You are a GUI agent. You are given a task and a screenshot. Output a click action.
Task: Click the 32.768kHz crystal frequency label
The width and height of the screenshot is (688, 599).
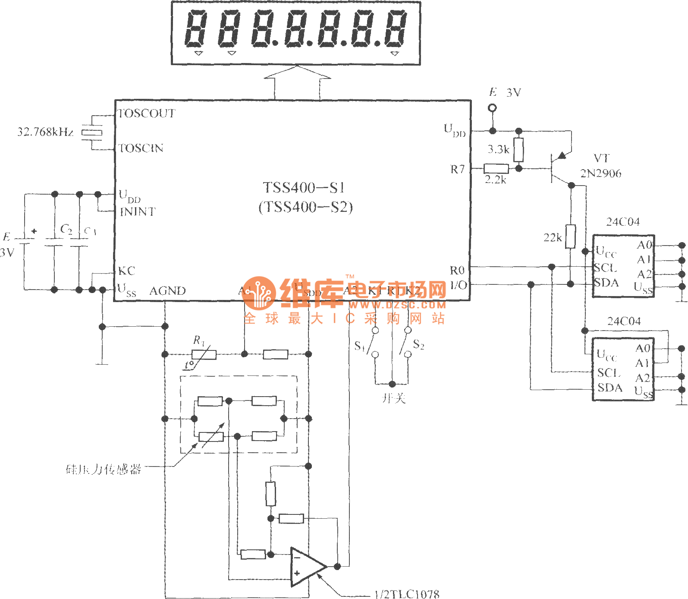[x=45, y=132]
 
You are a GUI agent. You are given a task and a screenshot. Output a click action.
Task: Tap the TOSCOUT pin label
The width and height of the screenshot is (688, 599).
[x=147, y=113]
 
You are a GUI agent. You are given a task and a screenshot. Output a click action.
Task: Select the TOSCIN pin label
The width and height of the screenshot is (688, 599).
[x=141, y=148]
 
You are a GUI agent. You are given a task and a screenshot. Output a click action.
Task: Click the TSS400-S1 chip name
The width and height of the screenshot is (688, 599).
[x=304, y=188]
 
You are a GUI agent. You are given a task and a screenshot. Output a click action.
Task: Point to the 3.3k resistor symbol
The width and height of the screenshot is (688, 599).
[x=518, y=149]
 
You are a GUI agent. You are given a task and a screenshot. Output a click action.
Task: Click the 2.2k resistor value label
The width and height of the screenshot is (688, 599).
[x=495, y=180]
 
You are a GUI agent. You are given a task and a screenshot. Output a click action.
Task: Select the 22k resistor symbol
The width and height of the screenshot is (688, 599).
[x=570, y=236]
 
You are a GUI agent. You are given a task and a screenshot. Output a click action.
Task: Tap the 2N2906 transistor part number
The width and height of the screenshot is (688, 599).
[x=600, y=173]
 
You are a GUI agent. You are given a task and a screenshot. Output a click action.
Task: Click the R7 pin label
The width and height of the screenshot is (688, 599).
[x=457, y=169]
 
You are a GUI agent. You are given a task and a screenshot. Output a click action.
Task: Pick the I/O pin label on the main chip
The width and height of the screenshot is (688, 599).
[x=458, y=285]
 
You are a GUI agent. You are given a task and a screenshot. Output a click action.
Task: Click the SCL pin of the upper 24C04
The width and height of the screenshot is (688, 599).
[x=606, y=268]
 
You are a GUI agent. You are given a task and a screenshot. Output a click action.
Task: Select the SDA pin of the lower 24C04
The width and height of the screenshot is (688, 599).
[x=609, y=388]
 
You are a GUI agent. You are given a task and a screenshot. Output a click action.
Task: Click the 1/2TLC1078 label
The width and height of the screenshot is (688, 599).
[x=407, y=594]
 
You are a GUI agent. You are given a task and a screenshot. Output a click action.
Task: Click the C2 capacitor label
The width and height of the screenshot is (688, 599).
[x=66, y=229]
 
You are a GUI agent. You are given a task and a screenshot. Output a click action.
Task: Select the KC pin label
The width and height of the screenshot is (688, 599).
[x=126, y=271]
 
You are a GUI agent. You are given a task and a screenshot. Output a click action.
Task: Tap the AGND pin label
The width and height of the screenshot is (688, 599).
[x=167, y=291]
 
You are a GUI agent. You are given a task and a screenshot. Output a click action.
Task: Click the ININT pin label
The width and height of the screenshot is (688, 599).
[x=138, y=212]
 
